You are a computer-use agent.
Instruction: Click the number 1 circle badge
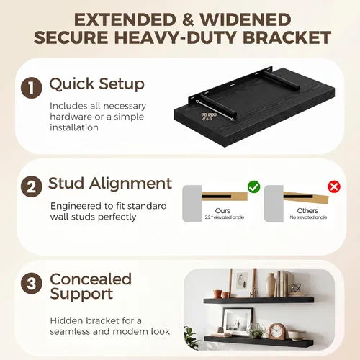click(x=32, y=88)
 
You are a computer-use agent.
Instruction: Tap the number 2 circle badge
click(x=32, y=186)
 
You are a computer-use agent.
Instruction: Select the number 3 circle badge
click(x=32, y=284)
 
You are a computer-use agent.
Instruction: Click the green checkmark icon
click(x=253, y=186)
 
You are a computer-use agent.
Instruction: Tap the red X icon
click(x=334, y=186)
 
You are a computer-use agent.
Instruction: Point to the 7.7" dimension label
click(x=209, y=117)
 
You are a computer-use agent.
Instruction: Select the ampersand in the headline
click(x=188, y=19)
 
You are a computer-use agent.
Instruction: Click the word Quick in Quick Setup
click(x=72, y=84)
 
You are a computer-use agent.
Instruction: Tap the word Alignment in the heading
click(x=131, y=184)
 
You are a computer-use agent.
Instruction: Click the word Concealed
click(x=91, y=279)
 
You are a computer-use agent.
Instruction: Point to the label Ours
click(x=222, y=210)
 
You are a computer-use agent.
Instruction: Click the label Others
click(x=307, y=210)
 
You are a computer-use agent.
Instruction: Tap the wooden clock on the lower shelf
click(x=277, y=331)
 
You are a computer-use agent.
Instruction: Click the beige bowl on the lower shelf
click(x=297, y=336)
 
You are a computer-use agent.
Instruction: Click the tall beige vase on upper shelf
click(x=271, y=285)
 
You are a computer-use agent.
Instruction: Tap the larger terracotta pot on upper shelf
click(x=218, y=294)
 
